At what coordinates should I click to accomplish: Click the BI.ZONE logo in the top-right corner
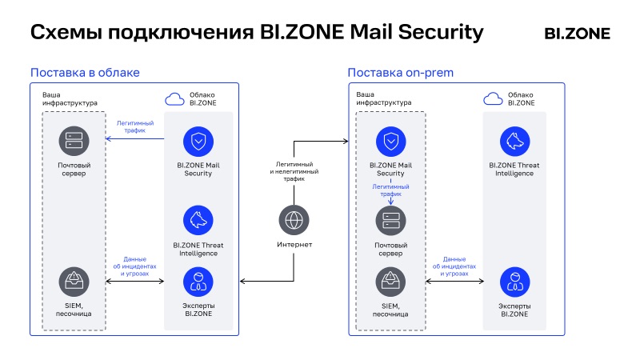click(577, 34)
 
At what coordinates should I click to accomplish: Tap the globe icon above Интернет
click(294, 220)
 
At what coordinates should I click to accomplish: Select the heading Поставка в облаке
click(85, 73)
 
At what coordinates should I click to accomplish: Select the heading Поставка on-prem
click(401, 73)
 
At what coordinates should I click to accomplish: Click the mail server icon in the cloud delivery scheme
click(74, 141)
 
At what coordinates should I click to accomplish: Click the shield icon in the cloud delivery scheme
click(198, 142)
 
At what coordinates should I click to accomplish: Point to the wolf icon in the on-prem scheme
click(514, 142)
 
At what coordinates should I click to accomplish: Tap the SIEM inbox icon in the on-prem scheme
click(390, 282)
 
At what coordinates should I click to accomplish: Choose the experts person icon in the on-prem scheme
click(514, 282)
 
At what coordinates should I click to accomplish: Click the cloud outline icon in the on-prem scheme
click(493, 98)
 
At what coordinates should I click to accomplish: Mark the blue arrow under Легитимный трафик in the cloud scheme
click(134, 138)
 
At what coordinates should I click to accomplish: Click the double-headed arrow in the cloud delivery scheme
click(134, 282)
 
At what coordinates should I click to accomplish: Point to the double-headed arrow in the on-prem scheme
click(454, 282)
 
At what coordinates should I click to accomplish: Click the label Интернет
click(294, 245)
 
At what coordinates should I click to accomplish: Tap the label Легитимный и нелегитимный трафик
click(294, 171)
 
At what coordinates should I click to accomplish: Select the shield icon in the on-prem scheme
click(391, 142)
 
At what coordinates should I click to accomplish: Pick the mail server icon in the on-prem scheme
click(390, 221)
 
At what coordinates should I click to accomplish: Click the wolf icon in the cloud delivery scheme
click(198, 220)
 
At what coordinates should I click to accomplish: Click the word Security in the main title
click(441, 33)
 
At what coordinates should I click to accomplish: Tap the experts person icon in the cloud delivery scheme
click(198, 282)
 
